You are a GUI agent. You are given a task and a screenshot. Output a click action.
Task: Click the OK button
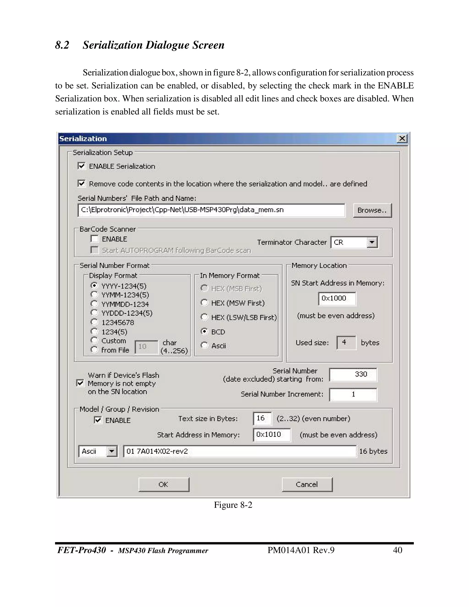(164, 484)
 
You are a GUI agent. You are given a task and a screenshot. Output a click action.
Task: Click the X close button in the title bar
(402, 138)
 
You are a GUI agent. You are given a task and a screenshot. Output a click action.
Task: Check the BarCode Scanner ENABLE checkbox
(95, 239)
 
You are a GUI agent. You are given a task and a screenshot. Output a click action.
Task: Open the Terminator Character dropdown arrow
(372, 242)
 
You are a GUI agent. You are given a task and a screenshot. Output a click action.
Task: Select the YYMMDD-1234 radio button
(95, 303)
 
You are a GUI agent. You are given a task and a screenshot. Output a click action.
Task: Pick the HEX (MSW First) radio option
(205, 302)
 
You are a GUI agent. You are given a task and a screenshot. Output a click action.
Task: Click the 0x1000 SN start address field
(336, 298)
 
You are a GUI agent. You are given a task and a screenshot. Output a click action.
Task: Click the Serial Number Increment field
(353, 394)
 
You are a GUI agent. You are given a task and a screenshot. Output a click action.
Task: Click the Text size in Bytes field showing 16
(262, 418)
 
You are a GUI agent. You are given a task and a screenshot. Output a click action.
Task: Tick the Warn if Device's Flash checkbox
(80, 383)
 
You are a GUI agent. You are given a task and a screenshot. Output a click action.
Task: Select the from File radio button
(95, 349)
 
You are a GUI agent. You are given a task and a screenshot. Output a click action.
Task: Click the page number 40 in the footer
(397, 550)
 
